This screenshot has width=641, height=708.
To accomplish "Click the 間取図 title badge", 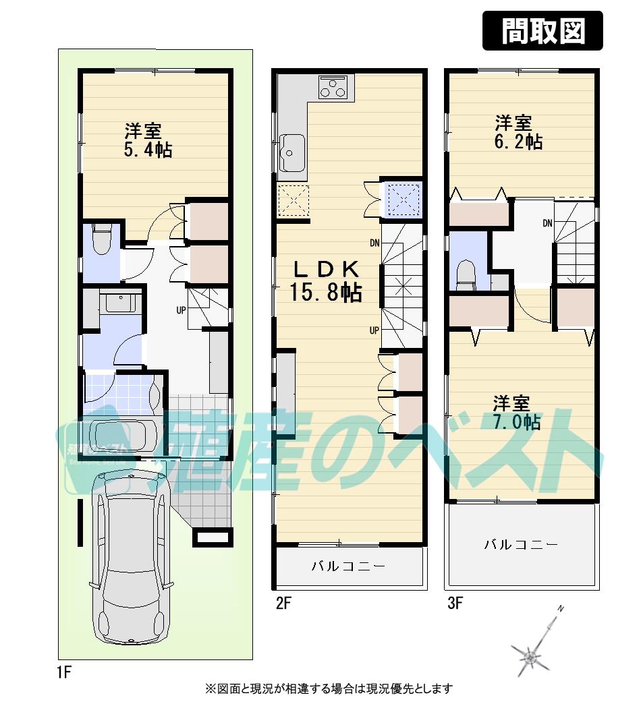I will pos(542,31).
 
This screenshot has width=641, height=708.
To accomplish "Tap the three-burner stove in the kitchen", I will pos(334,88).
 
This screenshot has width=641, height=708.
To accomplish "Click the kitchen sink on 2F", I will pos(292,152).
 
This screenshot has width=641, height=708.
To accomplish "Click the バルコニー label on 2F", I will pos(348,566).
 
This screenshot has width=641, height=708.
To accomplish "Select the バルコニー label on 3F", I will pos(521,544).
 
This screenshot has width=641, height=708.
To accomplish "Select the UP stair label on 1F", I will pos(181,311).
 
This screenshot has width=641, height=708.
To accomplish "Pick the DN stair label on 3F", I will pos(547,223).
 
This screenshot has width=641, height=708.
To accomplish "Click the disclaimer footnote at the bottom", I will pos(329,689).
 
